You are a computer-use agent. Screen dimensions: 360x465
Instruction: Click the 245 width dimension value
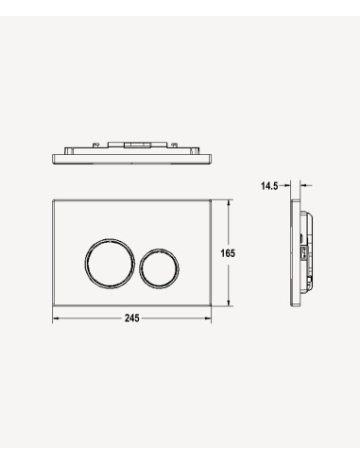pos(131,319)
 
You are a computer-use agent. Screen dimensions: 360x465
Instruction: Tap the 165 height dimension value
pos(228,253)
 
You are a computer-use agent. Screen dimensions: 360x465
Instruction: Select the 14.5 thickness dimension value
pos(269,186)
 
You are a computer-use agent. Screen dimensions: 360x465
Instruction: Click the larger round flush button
pos(110,264)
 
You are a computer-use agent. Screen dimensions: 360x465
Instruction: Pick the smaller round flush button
pos(160,268)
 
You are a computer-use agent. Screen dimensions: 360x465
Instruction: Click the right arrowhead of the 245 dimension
pos(208,319)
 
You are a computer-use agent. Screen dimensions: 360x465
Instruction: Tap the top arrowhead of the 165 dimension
pos(229,203)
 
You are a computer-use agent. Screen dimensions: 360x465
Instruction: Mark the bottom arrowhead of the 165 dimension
pos(229,302)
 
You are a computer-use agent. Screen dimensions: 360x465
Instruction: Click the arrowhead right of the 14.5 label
pos(287,186)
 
